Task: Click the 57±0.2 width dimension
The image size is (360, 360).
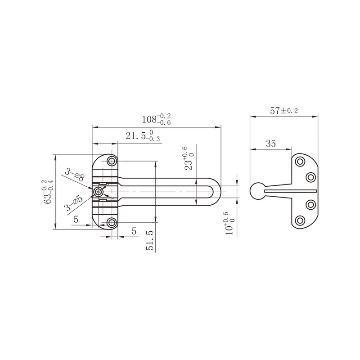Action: [284, 110]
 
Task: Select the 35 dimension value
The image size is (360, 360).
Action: [271, 144]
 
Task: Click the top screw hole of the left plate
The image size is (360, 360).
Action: [112, 161]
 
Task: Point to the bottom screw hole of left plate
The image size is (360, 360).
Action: [112, 222]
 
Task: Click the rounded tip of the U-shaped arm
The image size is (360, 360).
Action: [219, 192]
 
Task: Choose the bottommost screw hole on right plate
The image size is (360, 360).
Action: [300, 220]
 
